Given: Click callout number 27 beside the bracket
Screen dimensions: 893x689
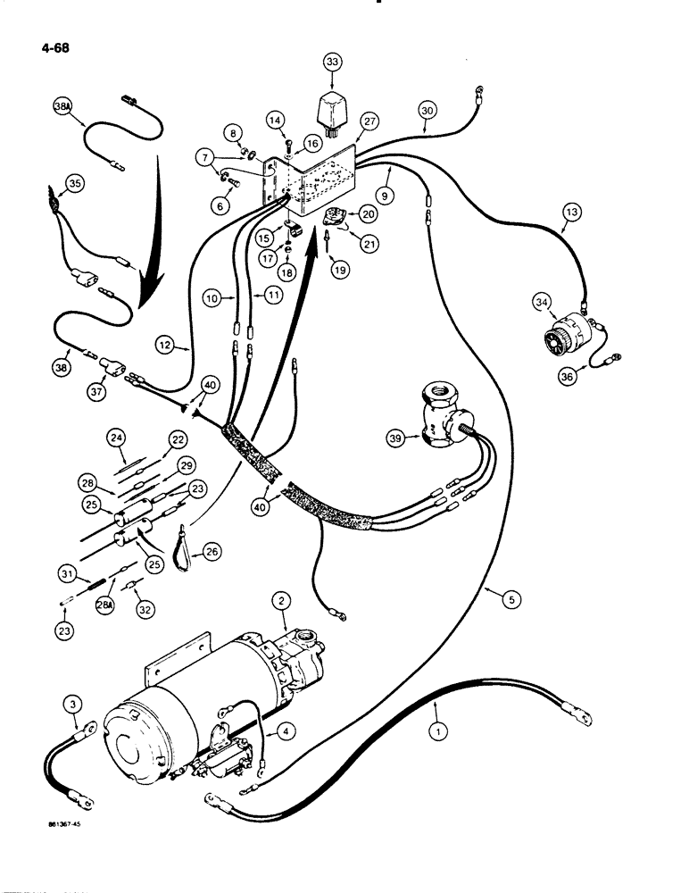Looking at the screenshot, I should click(370, 122).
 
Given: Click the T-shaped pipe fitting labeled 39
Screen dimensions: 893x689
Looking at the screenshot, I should click(444, 418).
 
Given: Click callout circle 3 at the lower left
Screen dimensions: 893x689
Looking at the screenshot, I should click(75, 706).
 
